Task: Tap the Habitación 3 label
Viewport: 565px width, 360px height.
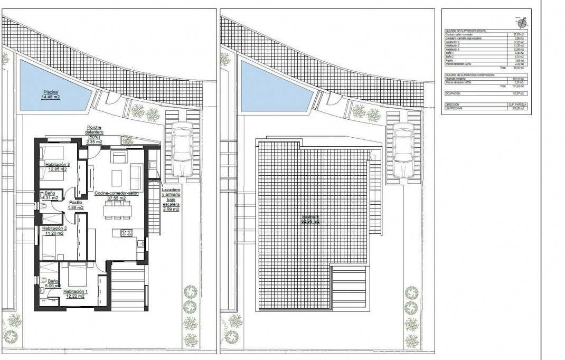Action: (x=57, y=167)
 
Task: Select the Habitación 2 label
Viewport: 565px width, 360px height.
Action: (x=53, y=230)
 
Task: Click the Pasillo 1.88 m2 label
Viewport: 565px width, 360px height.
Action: (x=76, y=205)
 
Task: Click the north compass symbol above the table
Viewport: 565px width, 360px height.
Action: (x=521, y=23)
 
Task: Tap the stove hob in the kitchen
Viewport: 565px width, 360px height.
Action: (x=127, y=233)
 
